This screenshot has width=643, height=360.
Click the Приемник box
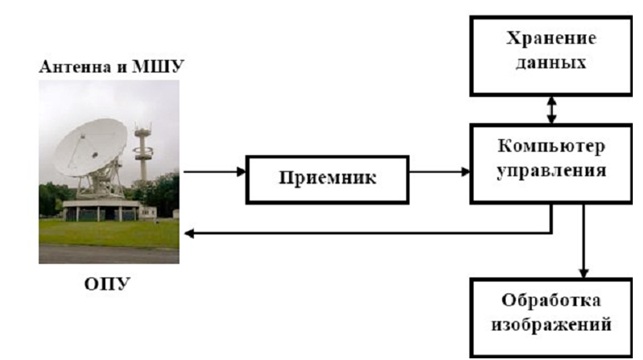327,180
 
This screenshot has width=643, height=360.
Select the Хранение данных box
551,56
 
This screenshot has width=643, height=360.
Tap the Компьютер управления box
551,164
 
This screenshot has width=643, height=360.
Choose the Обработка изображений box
551,317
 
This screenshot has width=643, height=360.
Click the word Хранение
551,39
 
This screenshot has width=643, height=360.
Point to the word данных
551,63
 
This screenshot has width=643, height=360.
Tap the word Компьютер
551,146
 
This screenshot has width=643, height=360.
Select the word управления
551,171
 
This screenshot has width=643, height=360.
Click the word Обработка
551,300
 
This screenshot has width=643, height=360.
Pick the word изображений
551,325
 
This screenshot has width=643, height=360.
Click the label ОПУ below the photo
107,284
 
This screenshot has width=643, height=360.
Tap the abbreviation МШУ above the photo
158,67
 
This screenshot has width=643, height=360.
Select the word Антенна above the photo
77,67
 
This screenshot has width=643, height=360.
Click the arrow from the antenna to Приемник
214,172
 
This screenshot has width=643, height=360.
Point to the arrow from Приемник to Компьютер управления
440,172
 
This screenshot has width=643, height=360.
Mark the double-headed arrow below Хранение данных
552,110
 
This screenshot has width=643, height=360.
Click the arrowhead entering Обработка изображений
584,273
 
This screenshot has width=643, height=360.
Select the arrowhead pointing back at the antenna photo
189,233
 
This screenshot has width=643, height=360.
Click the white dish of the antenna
90,148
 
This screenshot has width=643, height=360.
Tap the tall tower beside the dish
143,154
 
